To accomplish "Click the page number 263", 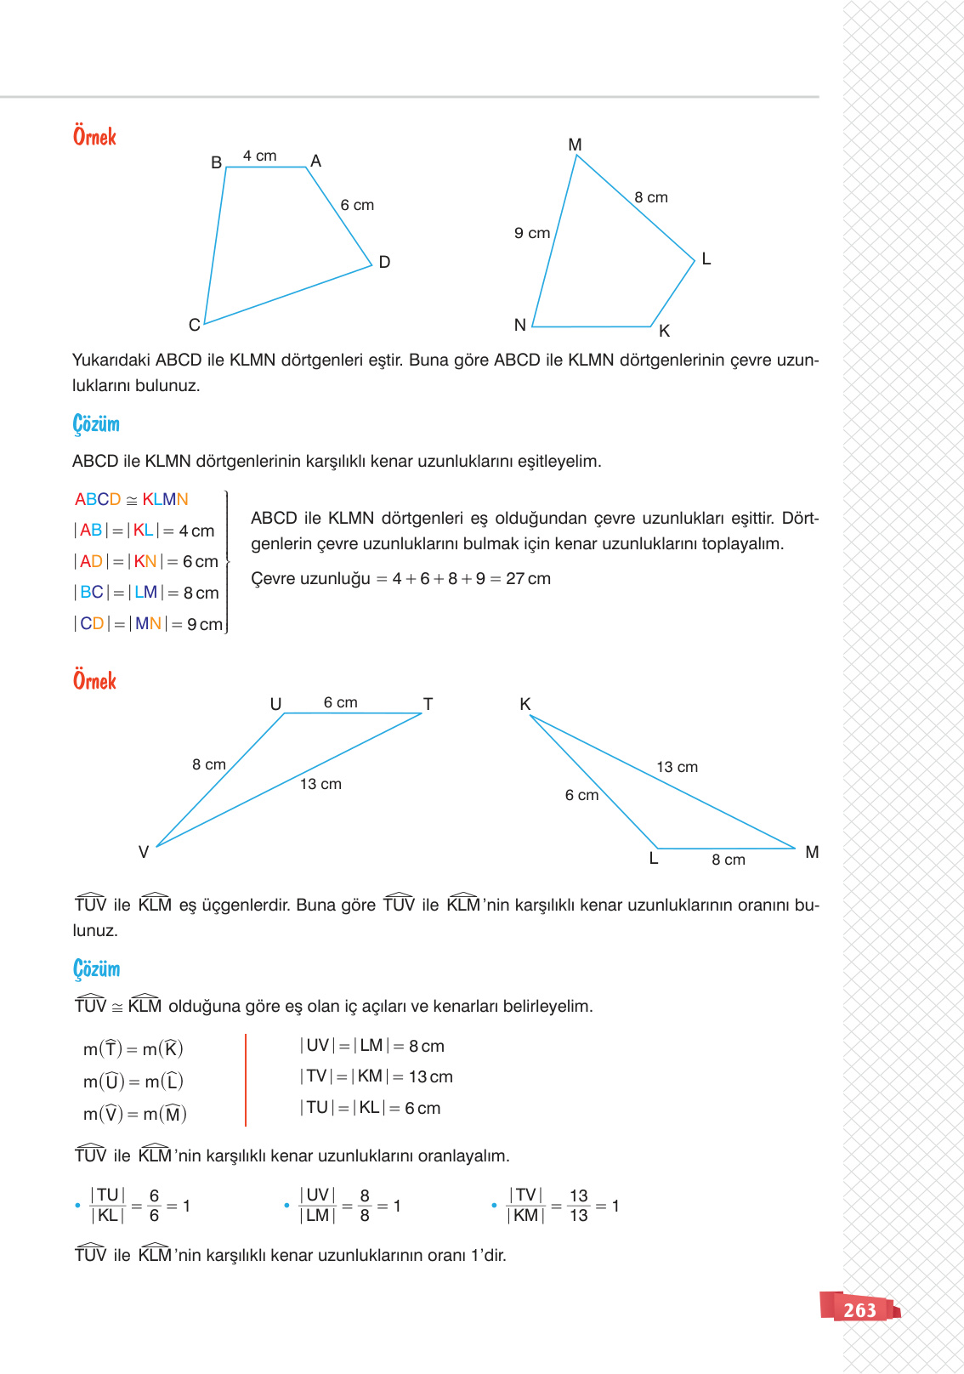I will (859, 1310).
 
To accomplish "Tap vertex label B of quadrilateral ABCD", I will (217, 162).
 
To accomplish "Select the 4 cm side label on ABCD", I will (259, 156).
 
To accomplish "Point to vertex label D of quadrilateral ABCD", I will (384, 262).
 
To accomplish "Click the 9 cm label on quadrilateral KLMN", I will (532, 233).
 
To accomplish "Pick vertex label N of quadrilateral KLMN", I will (520, 325).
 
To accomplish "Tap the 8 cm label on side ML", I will (651, 197).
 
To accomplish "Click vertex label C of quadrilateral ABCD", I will (195, 325).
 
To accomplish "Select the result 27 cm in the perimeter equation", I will (528, 578).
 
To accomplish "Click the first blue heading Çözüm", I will (96, 423).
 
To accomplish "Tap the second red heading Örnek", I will (94, 680).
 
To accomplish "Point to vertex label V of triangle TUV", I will (144, 852).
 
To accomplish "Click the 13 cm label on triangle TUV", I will (320, 784).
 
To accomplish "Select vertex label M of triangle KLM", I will (812, 852).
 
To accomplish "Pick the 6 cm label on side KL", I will (581, 795).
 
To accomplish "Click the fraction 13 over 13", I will (579, 1206).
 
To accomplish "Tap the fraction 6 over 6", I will (154, 1206).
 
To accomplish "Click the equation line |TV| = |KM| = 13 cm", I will (376, 1076).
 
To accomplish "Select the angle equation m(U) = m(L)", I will (133, 1082).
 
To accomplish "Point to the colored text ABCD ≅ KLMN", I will (132, 499).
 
